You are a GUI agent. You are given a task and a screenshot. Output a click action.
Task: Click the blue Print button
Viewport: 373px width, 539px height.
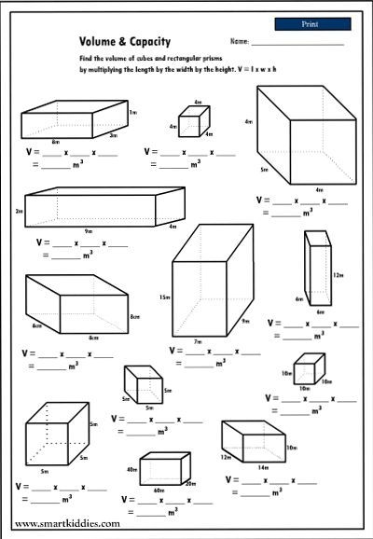pos(312,22)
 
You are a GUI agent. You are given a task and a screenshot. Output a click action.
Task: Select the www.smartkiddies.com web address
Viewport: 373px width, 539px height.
pos(67,524)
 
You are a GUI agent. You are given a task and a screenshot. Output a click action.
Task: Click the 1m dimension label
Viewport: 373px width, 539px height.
pos(133,112)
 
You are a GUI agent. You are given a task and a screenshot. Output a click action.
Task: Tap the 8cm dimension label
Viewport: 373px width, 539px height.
pos(134,316)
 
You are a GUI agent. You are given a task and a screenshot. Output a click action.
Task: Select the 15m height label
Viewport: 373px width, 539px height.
pos(164,297)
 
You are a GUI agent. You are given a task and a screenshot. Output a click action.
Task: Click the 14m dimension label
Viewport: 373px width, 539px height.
pos(262,466)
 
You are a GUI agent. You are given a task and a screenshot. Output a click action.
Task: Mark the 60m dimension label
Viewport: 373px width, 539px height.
pos(159,490)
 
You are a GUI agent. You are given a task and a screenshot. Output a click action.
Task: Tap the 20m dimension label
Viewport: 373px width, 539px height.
pos(190,483)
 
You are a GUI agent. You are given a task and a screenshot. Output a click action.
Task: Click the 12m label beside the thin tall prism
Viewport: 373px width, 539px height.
pos(338,275)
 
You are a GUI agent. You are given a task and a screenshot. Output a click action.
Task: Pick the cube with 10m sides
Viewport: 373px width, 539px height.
pos(308,369)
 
